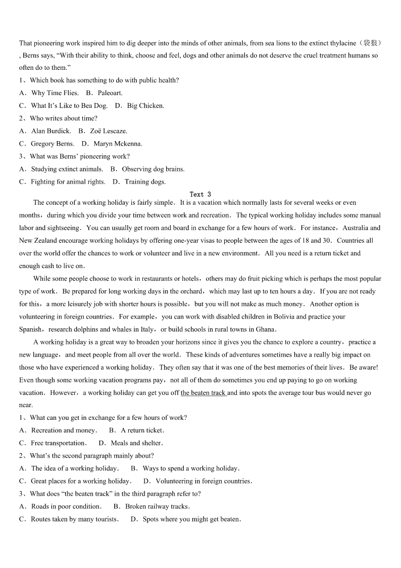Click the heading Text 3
pyautogui.click(x=200, y=194)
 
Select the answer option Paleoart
pyautogui.click(x=110, y=93)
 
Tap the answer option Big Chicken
pyautogui.click(x=145, y=106)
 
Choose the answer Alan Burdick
pyautogui.click(x=51, y=131)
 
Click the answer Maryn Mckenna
pyautogui.click(x=118, y=144)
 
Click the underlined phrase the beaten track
pyautogui.click(x=203, y=392)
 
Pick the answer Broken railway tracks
pyautogui.click(x=158, y=506)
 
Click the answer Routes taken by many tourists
pyautogui.click(x=75, y=519)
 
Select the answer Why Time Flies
pyautogui.click(x=55, y=93)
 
